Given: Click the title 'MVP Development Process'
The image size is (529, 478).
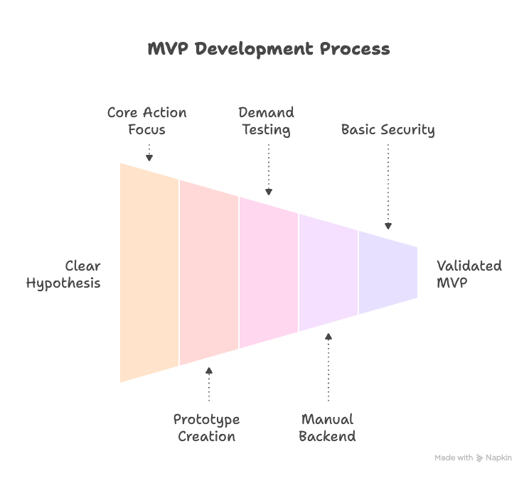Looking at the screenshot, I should [268, 49].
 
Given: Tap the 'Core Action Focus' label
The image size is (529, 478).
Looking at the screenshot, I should [146, 121].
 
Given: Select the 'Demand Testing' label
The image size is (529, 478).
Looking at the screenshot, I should [266, 121].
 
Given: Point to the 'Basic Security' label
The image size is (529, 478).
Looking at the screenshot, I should [388, 129].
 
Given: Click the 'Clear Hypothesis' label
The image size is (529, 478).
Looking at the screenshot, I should [64, 274].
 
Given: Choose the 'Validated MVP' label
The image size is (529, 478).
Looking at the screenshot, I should [469, 274].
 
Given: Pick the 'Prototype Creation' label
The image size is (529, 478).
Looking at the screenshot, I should [206, 428].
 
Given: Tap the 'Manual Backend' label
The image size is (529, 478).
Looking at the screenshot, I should [327, 428].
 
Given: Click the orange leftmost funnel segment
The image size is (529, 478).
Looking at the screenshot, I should [149, 273].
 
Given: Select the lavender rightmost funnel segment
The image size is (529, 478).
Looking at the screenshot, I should [388, 273].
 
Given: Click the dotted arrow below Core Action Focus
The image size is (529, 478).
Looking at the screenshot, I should [149, 153].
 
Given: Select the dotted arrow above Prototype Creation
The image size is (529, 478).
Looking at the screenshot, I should [208, 384].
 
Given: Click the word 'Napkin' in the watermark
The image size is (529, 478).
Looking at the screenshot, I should [498, 458].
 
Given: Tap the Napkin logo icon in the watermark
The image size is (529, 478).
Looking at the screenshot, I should [480, 458].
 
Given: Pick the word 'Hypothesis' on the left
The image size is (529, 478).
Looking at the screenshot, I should [64, 283].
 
